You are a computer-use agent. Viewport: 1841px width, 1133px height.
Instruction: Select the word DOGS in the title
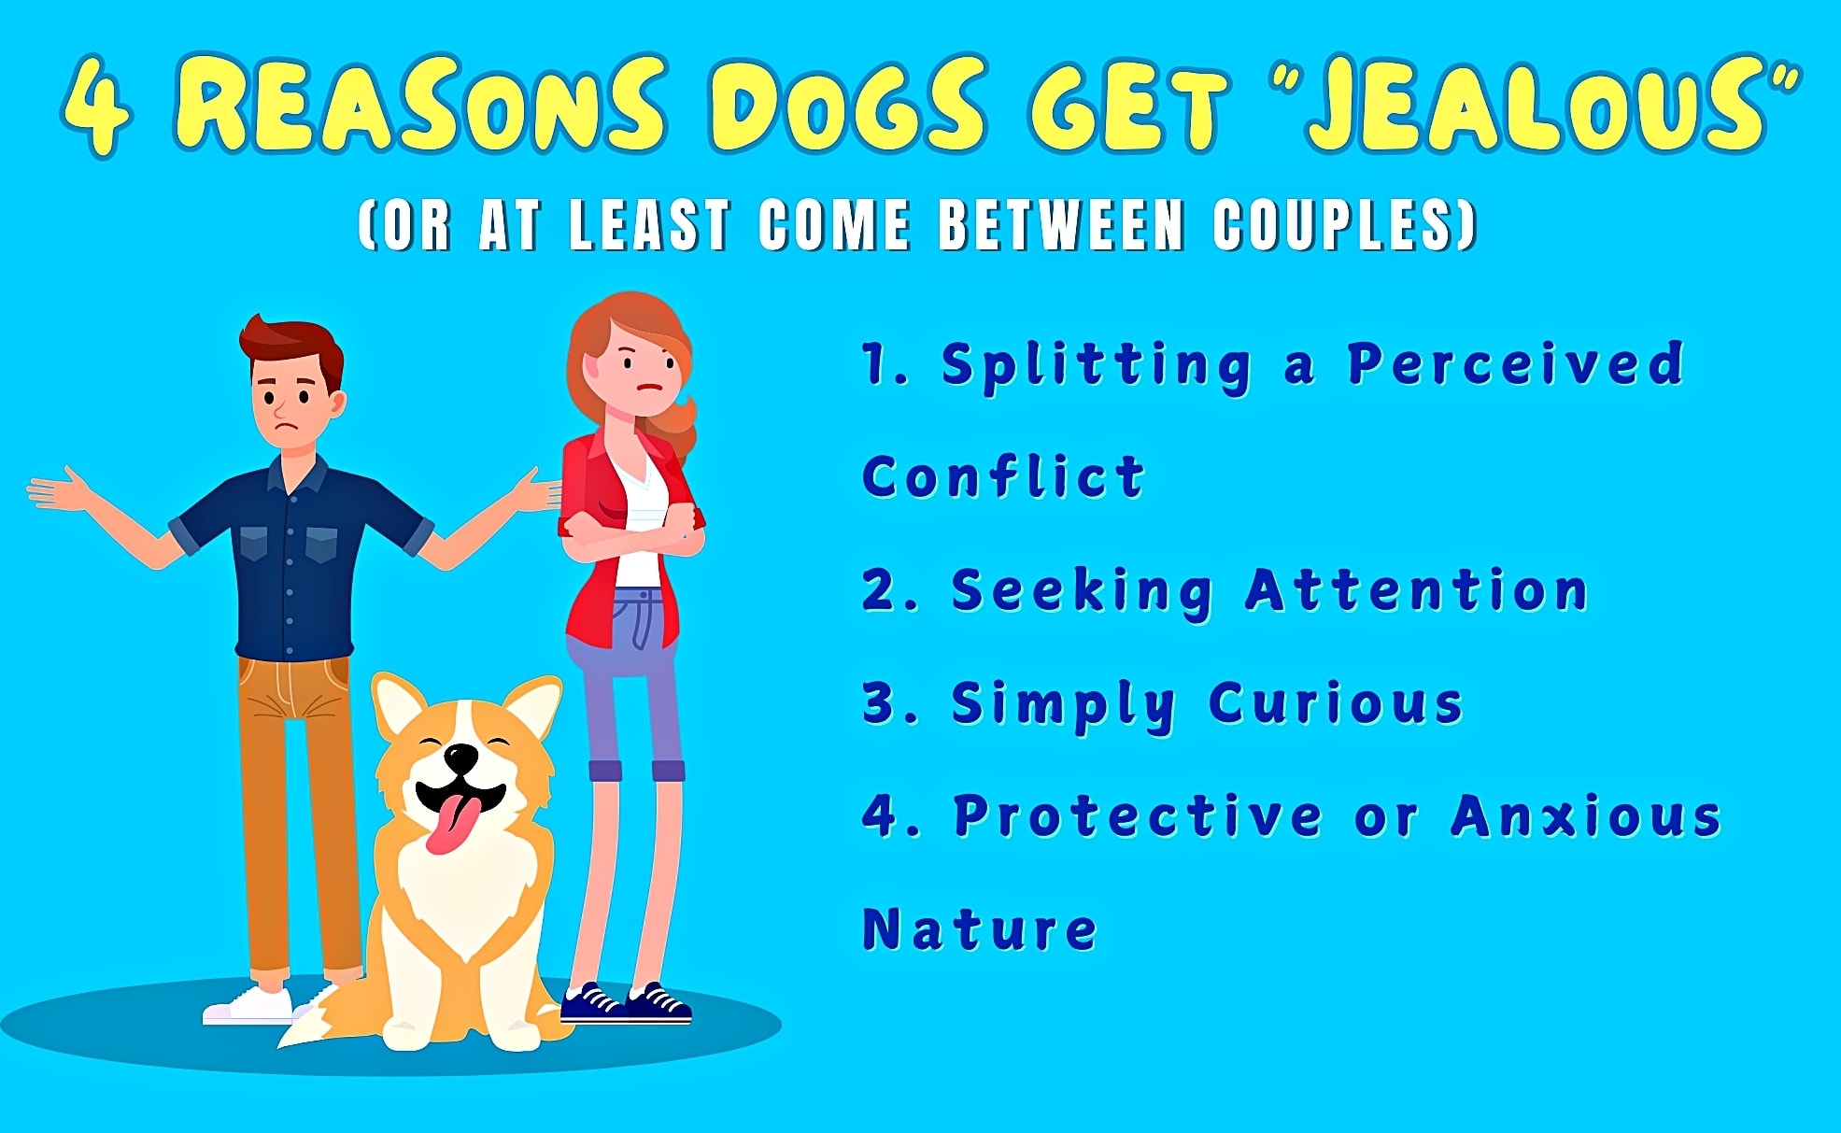click(846, 105)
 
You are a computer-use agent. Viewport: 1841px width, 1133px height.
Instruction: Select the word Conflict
click(1003, 477)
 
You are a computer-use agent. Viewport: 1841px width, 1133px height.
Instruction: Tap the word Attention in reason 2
click(1416, 591)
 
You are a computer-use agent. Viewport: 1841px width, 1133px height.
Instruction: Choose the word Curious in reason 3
click(1336, 703)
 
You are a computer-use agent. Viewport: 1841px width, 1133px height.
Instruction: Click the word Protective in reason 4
click(1138, 816)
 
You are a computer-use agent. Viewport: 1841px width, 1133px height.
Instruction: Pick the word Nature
click(979, 929)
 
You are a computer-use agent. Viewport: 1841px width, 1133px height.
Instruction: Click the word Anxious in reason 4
click(1585, 816)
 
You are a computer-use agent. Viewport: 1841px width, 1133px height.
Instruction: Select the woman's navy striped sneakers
click(626, 1003)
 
